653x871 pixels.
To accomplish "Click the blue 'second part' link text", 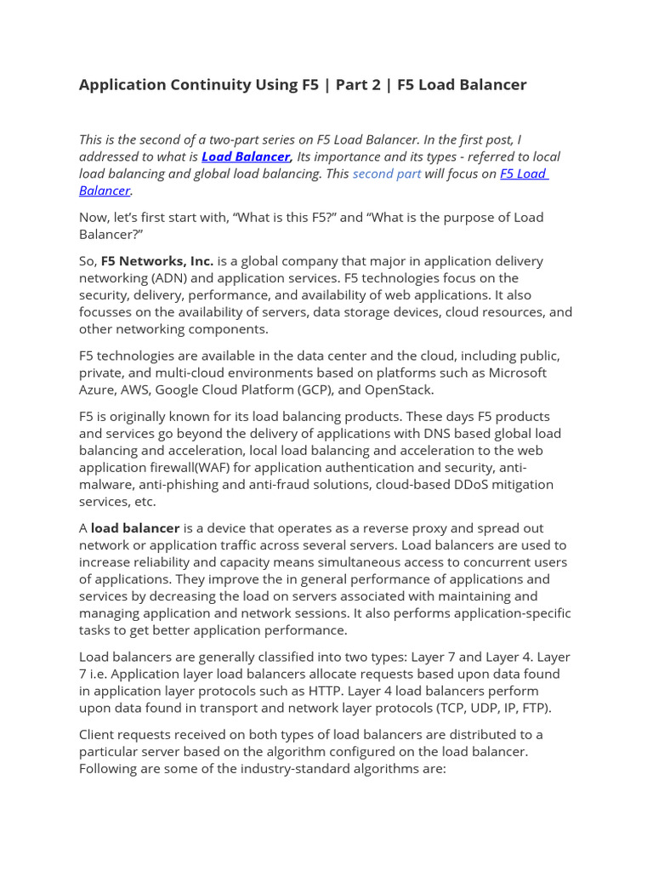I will tap(386, 174).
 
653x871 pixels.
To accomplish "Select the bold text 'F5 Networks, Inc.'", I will tap(157, 261).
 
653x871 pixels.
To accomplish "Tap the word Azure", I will tap(98, 390).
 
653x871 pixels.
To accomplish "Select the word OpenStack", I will tap(399, 390).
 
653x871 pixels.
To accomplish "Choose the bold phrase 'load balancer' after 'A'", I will tap(135, 528).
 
